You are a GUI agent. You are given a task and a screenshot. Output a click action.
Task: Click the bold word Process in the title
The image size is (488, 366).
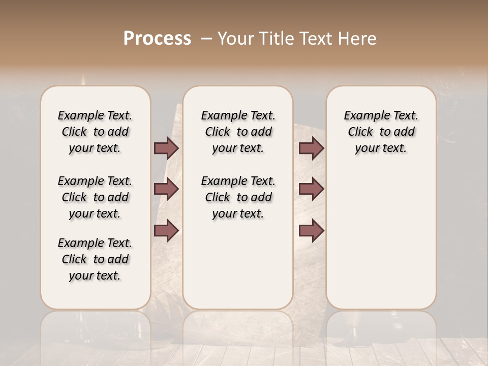click(x=157, y=39)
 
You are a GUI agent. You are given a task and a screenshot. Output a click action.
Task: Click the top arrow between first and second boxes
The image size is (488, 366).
click(x=166, y=148)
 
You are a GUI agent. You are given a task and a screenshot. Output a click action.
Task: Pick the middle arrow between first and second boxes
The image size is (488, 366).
click(x=166, y=190)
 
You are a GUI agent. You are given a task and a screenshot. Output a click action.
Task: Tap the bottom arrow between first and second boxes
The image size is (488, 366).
click(x=166, y=231)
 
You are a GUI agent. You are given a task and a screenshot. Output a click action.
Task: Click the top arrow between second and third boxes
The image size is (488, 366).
click(x=311, y=148)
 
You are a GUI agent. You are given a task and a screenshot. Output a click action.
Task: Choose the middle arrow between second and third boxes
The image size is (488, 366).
click(x=311, y=190)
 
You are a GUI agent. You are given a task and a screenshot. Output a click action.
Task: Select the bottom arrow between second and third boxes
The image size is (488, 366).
click(x=311, y=231)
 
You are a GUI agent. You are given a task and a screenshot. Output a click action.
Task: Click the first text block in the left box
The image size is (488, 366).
click(x=95, y=132)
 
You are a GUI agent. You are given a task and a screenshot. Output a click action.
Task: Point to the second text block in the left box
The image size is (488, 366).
click(x=95, y=197)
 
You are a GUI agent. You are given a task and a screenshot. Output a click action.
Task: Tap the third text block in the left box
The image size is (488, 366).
click(x=95, y=259)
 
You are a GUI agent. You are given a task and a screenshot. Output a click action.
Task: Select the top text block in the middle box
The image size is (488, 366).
click(x=238, y=132)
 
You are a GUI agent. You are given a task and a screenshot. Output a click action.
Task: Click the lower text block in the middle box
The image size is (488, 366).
click(x=238, y=197)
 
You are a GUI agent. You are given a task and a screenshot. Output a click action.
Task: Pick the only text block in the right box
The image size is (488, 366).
click(x=381, y=132)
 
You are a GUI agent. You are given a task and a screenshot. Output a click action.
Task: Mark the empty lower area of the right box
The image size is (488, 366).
click(x=381, y=239)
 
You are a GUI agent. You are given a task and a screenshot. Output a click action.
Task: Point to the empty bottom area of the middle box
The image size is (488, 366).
click(x=238, y=269)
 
